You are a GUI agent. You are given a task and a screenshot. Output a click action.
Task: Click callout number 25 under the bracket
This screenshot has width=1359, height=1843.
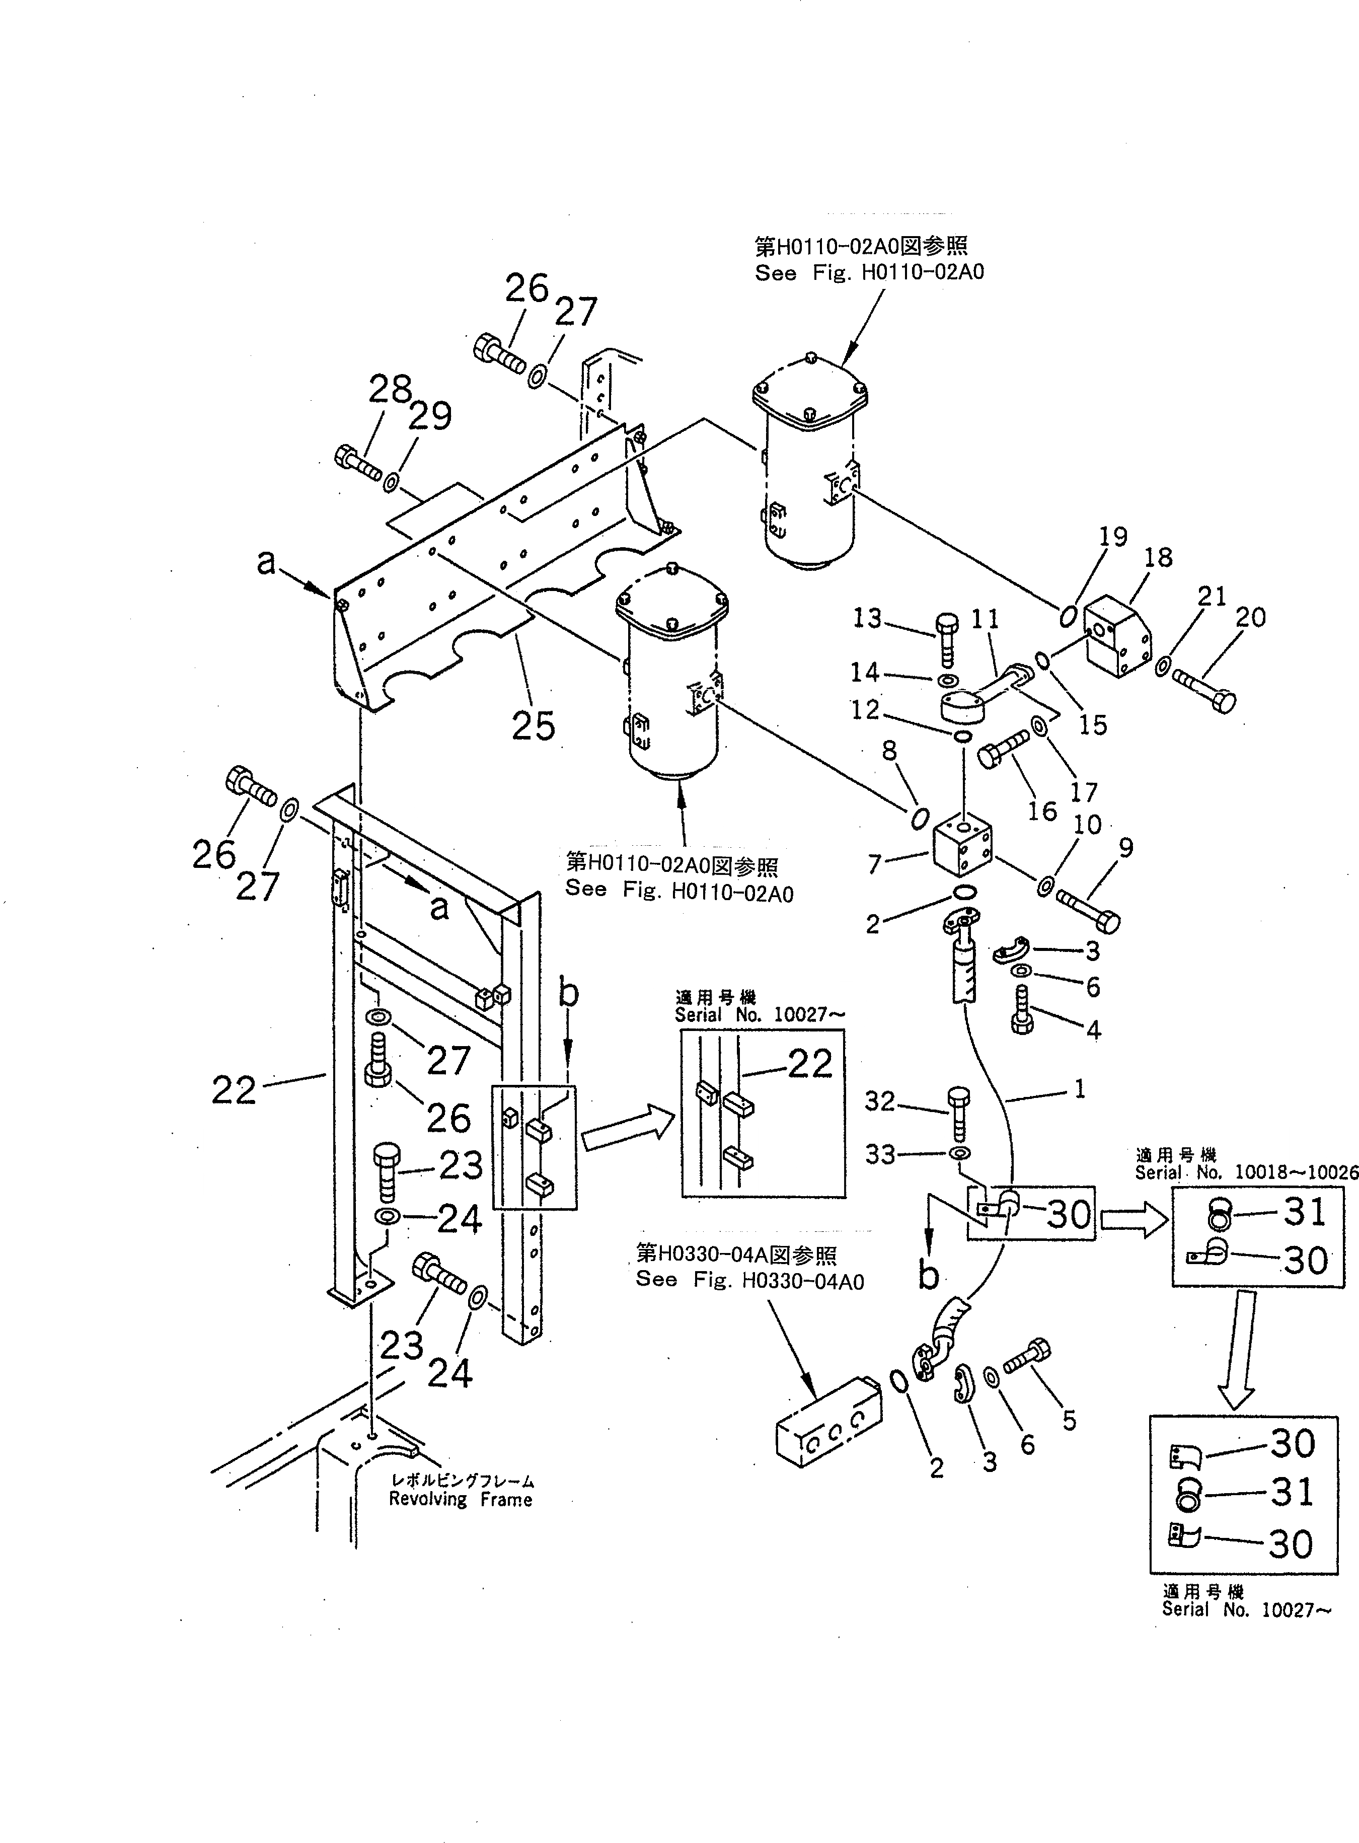point(533,726)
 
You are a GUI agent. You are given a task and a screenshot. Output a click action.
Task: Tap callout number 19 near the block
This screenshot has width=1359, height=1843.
point(1112,537)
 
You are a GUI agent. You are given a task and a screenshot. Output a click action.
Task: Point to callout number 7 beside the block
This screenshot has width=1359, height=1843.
point(875,864)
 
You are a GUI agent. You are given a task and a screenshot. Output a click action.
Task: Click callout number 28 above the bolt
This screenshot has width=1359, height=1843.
point(390,389)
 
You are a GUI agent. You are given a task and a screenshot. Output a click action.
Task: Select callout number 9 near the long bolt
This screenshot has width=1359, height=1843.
point(1125,847)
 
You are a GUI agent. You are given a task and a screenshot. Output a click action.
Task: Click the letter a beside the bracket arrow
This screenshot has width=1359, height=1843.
point(266,563)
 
